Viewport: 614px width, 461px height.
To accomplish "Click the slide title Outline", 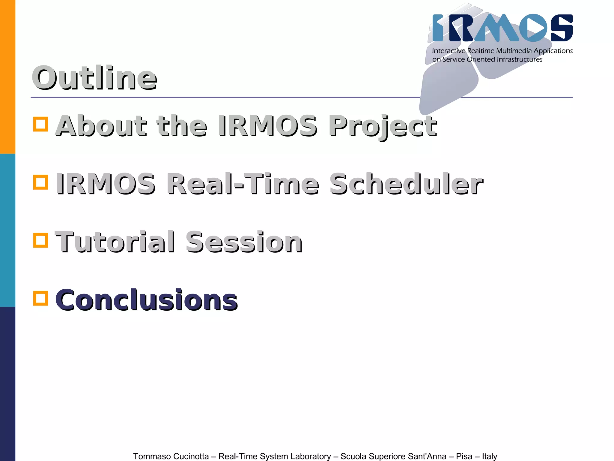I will click(x=94, y=78).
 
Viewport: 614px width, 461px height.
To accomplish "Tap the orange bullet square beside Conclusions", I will click(x=40, y=298).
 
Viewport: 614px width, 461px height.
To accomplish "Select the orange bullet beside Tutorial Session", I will click(x=40, y=240).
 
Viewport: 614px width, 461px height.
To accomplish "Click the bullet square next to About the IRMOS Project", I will click(x=40, y=124).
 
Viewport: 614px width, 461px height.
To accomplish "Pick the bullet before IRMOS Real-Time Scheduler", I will click(x=40, y=182).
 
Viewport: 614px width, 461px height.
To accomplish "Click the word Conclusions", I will click(x=146, y=300).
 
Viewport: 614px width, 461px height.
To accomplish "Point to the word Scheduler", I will click(x=406, y=184).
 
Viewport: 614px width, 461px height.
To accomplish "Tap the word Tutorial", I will click(x=115, y=242).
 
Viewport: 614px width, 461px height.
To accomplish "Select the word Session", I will click(x=244, y=242).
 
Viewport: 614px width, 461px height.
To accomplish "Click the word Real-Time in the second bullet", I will click(x=243, y=184).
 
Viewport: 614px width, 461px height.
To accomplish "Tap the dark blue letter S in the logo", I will click(x=562, y=28).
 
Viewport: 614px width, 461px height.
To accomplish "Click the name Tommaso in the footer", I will click(x=151, y=456).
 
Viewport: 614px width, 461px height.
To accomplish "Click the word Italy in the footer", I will click(x=489, y=456).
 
